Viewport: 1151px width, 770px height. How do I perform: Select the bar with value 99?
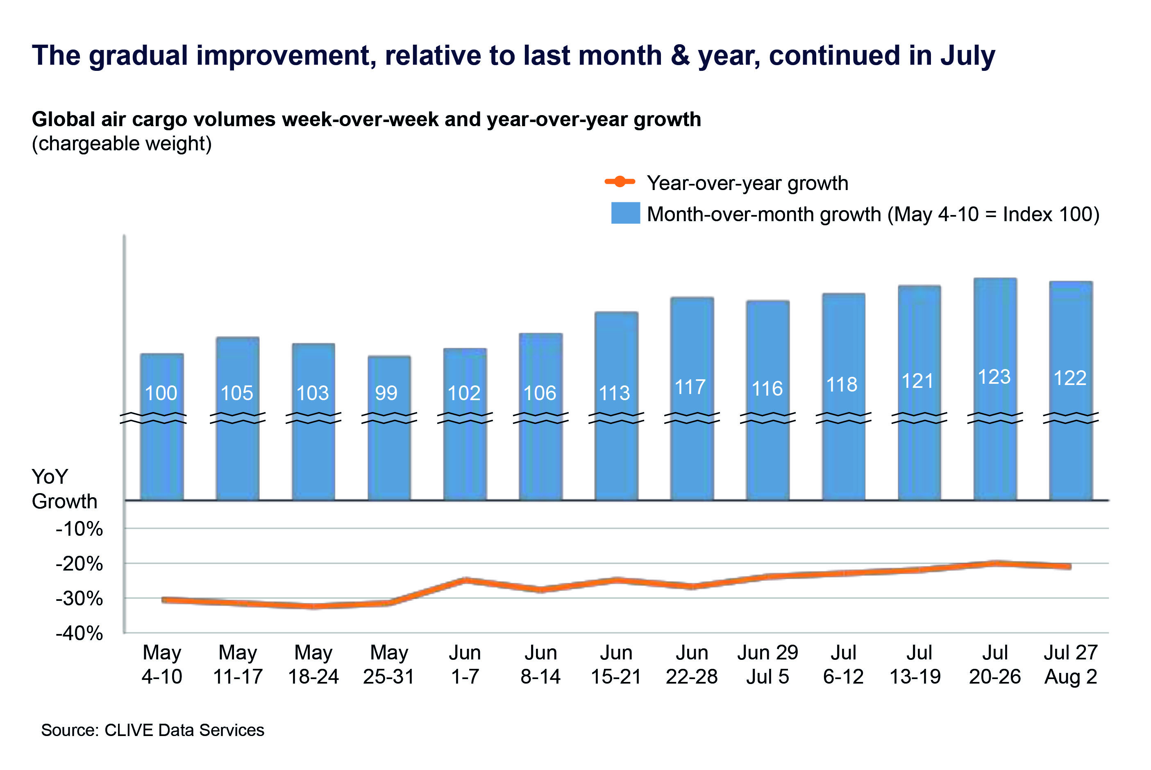coord(389,442)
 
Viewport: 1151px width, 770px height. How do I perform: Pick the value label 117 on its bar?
coord(690,387)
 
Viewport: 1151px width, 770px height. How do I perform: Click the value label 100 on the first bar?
coord(161,393)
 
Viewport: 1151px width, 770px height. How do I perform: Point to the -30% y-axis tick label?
coord(79,599)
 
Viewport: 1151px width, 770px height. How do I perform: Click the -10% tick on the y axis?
coord(79,529)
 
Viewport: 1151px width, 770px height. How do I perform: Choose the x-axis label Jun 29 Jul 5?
coord(767,664)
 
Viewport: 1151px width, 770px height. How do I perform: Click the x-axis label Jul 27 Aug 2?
coord(1070,664)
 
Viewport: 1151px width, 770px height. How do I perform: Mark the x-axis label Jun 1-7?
coord(465,664)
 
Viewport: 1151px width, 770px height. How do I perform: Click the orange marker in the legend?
coord(620,182)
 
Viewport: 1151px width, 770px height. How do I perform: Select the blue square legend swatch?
coord(625,213)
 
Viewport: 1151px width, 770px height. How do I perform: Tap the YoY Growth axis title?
coord(64,489)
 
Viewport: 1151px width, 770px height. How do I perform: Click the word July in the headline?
coord(968,55)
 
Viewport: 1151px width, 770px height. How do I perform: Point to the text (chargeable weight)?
coord(122,144)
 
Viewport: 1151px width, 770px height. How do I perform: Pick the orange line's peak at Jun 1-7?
coord(465,580)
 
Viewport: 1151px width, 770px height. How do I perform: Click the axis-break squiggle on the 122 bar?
coord(1071,418)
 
